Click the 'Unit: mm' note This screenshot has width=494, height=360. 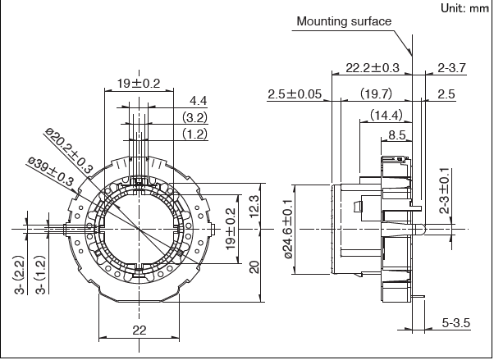[x=464, y=8]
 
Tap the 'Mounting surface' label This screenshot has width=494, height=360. [x=344, y=21]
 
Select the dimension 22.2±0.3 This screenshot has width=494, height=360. [x=373, y=67]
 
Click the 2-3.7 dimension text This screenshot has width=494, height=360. [x=452, y=67]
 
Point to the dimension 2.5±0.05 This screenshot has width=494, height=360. [x=295, y=94]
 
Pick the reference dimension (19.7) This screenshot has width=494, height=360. [x=376, y=94]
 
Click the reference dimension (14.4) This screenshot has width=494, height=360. [x=385, y=115]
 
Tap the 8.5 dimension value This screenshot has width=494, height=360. [x=397, y=134]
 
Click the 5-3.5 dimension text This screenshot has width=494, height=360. [x=455, y=324]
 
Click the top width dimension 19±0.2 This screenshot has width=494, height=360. [x=138, y=84]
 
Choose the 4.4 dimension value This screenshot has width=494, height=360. [x=198, y=101]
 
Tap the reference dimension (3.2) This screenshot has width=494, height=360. [x=194, y=117]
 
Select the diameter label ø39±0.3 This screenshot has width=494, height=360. [x=51, y=171]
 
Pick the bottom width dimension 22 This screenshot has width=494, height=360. [x=139, y=330]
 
